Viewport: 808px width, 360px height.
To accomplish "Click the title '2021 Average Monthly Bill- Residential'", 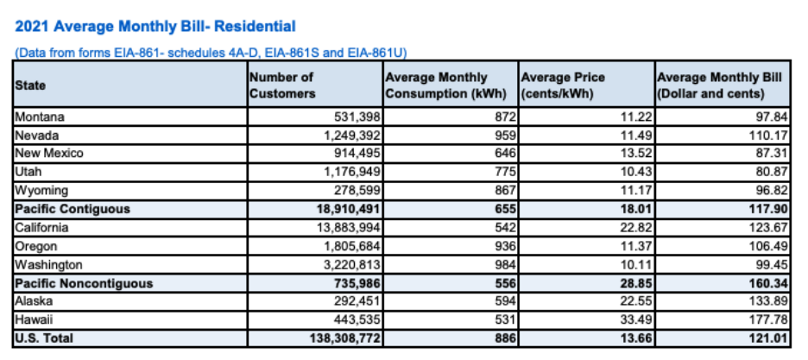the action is (x=155, y=27).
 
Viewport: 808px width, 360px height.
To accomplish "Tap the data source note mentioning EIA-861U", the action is (x=211, y=53).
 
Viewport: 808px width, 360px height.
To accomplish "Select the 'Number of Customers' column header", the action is (x=282, y=85).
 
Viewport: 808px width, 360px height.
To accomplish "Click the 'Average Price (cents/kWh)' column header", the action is (x=563, y=85).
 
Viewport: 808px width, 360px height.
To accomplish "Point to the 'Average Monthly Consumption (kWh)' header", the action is (x=447, y=85).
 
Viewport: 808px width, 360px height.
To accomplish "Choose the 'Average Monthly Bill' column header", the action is (x=719, y=85).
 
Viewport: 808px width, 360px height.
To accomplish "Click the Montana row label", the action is (x=41, y=117).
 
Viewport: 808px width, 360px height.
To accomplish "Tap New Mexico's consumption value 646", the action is (x=506, y=154).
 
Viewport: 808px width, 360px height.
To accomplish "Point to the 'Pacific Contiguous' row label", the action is (x=73, y=209).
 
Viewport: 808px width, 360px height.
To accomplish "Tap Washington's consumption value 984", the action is (x=506, y=265).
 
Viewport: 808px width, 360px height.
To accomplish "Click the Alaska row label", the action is (x=34, y=301).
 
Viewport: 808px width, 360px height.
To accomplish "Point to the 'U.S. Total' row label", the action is (x=44, y=338).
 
